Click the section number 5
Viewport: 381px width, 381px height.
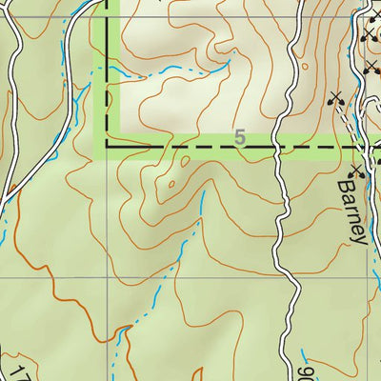point(239,139)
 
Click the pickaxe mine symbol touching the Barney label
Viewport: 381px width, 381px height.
point(357,171)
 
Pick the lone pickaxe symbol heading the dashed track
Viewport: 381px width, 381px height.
point(333,96)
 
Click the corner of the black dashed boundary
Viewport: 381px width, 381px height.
point(106,148)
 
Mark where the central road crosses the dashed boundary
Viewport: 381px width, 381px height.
point(279,148)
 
